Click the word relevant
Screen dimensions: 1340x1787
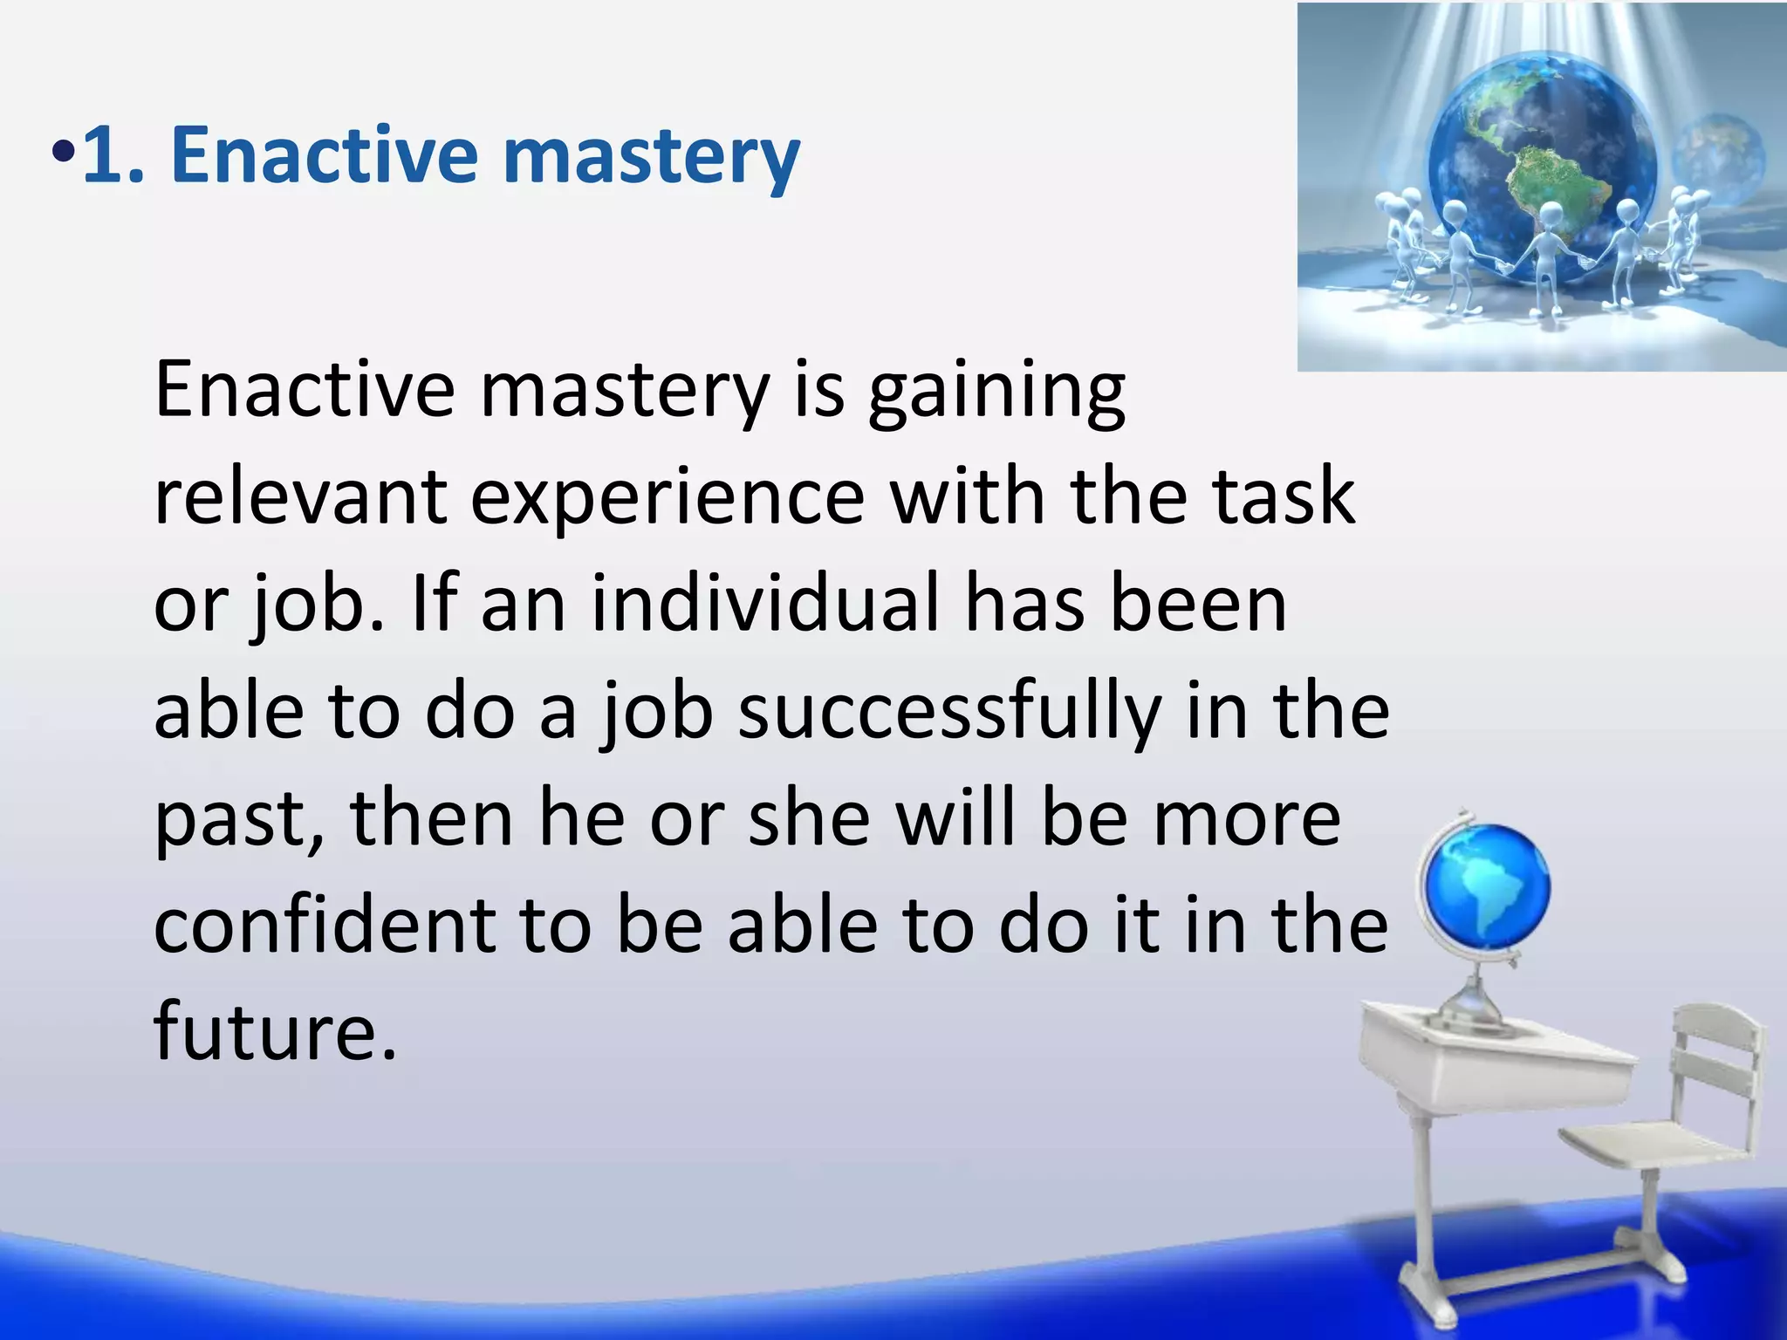(300, 497)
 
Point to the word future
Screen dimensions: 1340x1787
(274, 1032)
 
